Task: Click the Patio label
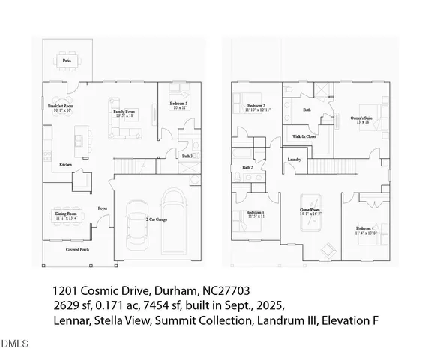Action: click(x=67, y=59)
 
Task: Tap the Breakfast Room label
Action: click(x=61, y=106)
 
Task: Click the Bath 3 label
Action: click(x=187, y=156)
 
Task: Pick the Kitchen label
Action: click(x=65, y=165)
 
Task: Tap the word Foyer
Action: click(x=103, y=208)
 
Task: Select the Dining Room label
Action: click(x=66, y=214)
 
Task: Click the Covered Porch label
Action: click(x=77, y=248)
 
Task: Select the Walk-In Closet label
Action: click(x=306, y=136)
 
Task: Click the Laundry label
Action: click(x=294, y=160)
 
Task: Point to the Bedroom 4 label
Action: click(x=366, y=229)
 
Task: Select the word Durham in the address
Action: click(x=170, y=289)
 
